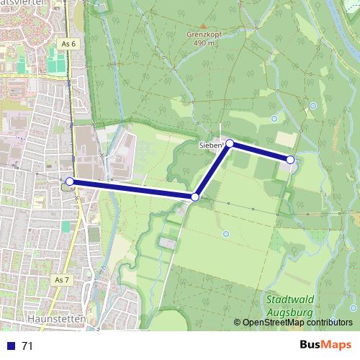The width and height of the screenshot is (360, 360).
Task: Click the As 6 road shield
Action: [x=68, y=44]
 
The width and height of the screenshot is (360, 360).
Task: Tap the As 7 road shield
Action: [x=62, y=279]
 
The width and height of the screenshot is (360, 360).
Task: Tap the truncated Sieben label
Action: [x=211, y=146]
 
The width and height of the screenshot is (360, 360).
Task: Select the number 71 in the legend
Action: [x=27, y=346]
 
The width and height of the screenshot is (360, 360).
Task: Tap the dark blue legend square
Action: [x=10, y=346]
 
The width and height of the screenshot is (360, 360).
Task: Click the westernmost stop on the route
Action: [x=69, y=181]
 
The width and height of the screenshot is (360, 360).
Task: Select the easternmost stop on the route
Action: [x=290, y=159]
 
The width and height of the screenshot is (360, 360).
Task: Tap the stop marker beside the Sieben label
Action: [x=230, y=143]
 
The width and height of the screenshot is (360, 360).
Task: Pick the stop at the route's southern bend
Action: [x=195, y=197]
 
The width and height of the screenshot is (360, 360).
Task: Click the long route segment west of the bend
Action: [x=132, y=189]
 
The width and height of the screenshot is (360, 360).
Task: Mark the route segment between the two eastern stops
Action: [x=260, y=151]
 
